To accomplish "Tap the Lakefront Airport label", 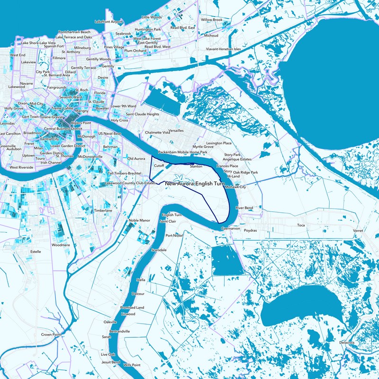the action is point(109,22).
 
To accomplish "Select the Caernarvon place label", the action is point(230,229).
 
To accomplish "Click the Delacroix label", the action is point(347,342).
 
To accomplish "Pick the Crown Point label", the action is point(51,334).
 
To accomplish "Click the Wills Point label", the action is point(132,365).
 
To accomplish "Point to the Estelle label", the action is point(36,251).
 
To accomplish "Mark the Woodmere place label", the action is point(61,245).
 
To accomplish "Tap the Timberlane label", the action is point(102,210).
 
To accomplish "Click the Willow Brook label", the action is point(211,20).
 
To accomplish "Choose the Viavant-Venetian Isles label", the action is point(223,49).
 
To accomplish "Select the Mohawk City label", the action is point(235,187).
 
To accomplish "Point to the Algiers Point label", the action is point(80,123).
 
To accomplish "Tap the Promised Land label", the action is point(132,307).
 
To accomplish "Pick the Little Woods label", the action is point(152,17).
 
